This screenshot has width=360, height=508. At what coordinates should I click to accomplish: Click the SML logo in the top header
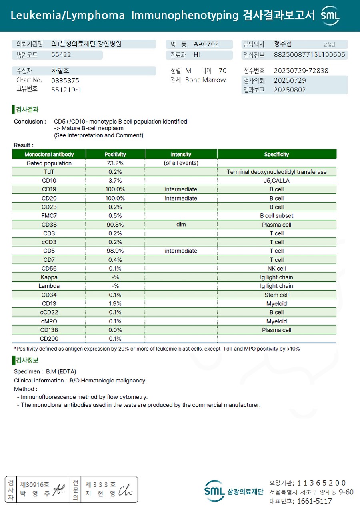point(330,16)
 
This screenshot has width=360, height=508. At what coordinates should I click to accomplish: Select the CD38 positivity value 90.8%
point(115,225)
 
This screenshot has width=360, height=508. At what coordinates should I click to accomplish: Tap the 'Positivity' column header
point(115,154)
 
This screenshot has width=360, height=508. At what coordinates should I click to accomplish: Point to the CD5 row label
point(49,251)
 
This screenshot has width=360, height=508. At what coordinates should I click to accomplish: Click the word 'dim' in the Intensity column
point(181,225)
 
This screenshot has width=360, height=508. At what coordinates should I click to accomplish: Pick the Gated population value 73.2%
point(115,163)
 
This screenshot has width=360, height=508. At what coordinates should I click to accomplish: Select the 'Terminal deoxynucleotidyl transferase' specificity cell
point(276,172)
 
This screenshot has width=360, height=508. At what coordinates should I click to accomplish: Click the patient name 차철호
point(60,71)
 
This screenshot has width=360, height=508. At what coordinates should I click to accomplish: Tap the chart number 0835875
point(65,80)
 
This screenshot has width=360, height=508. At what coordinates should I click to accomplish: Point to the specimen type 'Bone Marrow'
point(205,80)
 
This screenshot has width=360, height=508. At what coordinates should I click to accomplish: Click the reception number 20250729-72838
point(301,71)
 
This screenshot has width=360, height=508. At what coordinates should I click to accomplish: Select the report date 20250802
point(290,90)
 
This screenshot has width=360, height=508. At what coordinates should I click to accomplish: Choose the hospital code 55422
point(61,55)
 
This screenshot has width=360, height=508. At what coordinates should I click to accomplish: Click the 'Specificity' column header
point(276,154)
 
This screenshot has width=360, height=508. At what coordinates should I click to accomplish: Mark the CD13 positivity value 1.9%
point(115,304)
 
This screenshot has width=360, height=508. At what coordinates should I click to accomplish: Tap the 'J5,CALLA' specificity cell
point(276,181)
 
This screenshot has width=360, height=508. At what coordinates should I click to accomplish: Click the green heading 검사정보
point(27,360)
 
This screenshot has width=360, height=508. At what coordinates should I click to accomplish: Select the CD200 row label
point(49,339)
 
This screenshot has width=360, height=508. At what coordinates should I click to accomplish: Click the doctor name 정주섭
point(283,44)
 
